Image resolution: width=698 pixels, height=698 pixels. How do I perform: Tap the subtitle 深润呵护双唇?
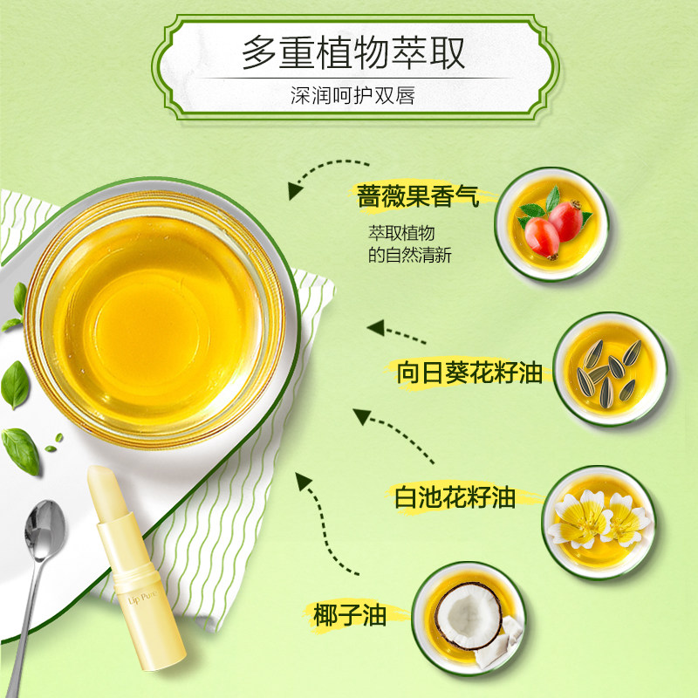(352, 94)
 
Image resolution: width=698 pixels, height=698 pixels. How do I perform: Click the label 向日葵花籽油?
(469, 373)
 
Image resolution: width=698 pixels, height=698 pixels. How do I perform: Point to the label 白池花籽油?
(455, 498)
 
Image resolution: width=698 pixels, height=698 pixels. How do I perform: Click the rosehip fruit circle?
(552, 223)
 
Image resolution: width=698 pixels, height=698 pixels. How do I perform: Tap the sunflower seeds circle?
(610, 368)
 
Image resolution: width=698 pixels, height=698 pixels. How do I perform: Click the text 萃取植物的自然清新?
(408, 244)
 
